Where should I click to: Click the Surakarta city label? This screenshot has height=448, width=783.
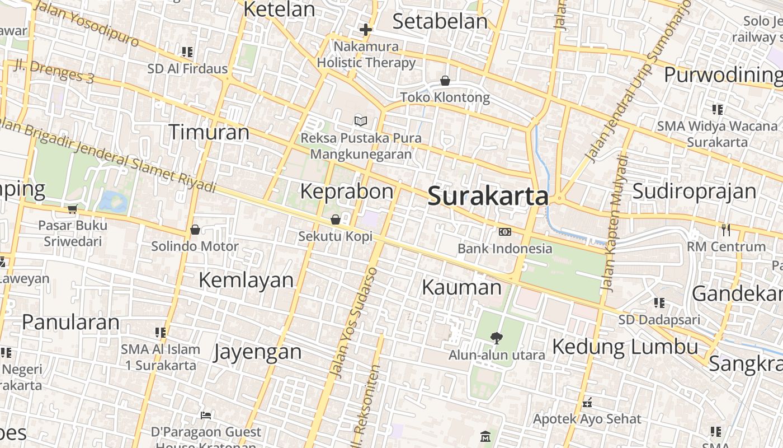pyautogui.click(x=488, y=197)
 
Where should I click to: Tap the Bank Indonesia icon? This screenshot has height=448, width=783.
pyautogui.click(x=504, y=232)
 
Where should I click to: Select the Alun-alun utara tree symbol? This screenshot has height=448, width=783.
pyautogui.click(x=496, y=338)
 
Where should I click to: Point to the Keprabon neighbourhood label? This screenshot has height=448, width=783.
pyautogui.click(x=347, y=192)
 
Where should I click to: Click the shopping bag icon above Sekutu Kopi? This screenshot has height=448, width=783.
pyautogui.click(x=336, y=220)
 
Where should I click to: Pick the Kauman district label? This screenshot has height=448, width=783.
pyautogui.click(x=461, y=287)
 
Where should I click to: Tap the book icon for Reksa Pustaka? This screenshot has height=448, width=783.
pyautogui.click(x=361, y=121)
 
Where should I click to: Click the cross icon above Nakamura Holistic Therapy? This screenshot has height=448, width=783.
pyautogui.click(x=366, y=29)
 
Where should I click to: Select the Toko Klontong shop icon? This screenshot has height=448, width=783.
pyautogui.click(x=445, y=81)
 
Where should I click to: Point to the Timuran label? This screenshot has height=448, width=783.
pyautogui.click(x=209, y=133)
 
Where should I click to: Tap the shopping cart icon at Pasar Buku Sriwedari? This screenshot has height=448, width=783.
pyautogui.click(x=72, y=209)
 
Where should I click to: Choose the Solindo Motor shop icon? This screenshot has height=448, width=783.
pyautogui.click(x=195, y=230)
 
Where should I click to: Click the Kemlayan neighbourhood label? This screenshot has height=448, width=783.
pyautogui.click(x=246, y=280)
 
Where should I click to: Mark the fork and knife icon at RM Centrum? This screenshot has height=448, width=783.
pyautogui.click(x=726, y=230)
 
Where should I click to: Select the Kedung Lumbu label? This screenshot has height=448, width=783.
pyautogui.click(x=625, y=347)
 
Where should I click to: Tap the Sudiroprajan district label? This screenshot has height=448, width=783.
pyautogui.click(x=694, y=192)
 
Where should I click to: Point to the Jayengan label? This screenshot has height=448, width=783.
pyautogui.click(x=258, y=352)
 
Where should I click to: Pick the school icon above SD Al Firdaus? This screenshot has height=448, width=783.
pyautogui.click(x=187, y=52)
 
